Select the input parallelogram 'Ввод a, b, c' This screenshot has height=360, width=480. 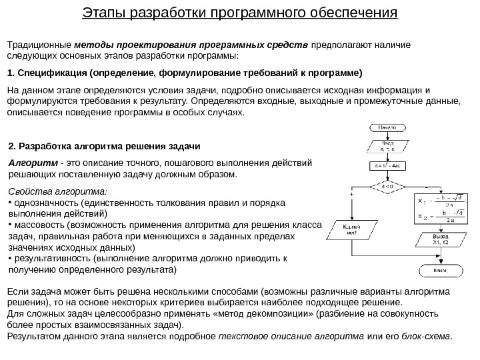coord(387,146)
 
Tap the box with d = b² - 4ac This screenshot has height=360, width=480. coord(387,165)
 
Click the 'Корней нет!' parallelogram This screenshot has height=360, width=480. coord(351,231)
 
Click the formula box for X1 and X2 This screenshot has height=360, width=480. coord(441,207)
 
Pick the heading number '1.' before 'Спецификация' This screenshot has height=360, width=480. coord(10,72)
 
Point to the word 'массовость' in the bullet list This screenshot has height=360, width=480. coord(36,225)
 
